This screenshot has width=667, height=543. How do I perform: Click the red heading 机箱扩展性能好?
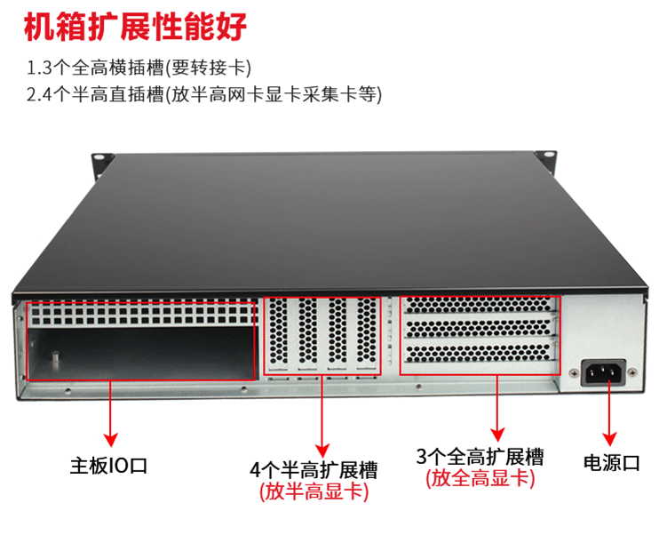point(133,27)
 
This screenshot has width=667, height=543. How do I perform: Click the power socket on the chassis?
point(602,371)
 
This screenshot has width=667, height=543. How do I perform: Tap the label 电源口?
point(612,462)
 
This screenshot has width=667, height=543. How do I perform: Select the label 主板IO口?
point(108,465)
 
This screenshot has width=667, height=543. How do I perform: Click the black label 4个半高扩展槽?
point(314,469)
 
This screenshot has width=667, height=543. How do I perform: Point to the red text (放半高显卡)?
point(314,491)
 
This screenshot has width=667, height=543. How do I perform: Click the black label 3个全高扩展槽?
point(480,458)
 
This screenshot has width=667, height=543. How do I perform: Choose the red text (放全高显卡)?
point(480,480)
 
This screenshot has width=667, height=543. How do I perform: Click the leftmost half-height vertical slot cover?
point(279,334)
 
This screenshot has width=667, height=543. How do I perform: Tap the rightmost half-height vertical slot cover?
point(366,334)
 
